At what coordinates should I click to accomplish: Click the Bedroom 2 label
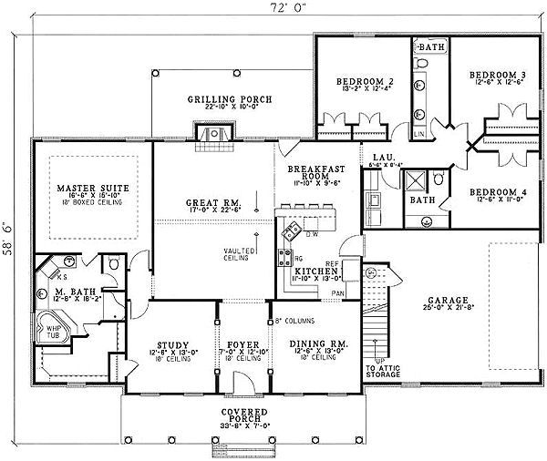358,78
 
